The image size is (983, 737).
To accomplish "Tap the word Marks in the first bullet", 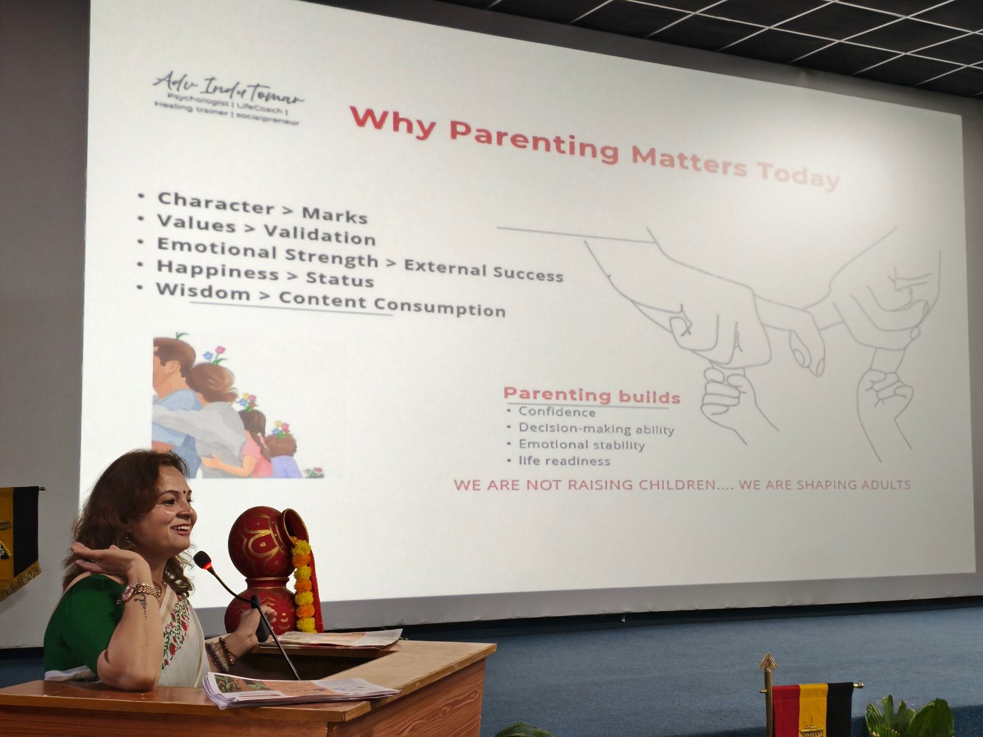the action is pos(335,215).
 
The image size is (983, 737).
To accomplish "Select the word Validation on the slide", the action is pos(319,235).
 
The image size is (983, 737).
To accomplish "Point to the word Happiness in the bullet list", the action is pos(217,270).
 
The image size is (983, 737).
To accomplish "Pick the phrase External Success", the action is pos(484,271).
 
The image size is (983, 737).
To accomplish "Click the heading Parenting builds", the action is pos(592,395).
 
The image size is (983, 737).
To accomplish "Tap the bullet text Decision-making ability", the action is pos(596,429).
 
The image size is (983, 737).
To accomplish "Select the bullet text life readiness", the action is pos(564,461).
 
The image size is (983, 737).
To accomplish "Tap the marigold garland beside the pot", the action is pos(304,586).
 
